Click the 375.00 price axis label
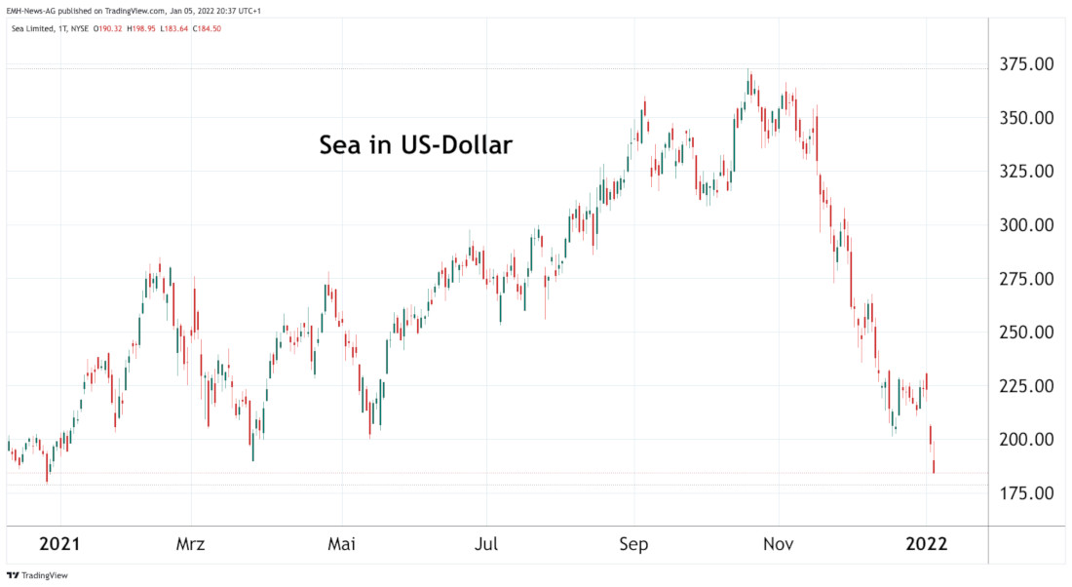[x=1025, y=64]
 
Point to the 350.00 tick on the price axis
[x=1025, y=118]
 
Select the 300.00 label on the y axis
[x=1025, y=225]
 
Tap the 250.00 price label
[x=1025, y=333]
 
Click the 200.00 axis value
[x=1025, y=440]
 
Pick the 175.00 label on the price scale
[x=1025, y=493]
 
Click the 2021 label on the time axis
[x=59, y=544]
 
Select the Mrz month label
[x=192, y=544]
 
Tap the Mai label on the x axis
[x=341, y=544]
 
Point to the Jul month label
[x=487, y=544]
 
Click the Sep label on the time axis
[x=634, y=544]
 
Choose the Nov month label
[x=778, y=544]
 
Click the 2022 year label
[x=925, y=544]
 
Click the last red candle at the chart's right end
[x=934, y=466]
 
